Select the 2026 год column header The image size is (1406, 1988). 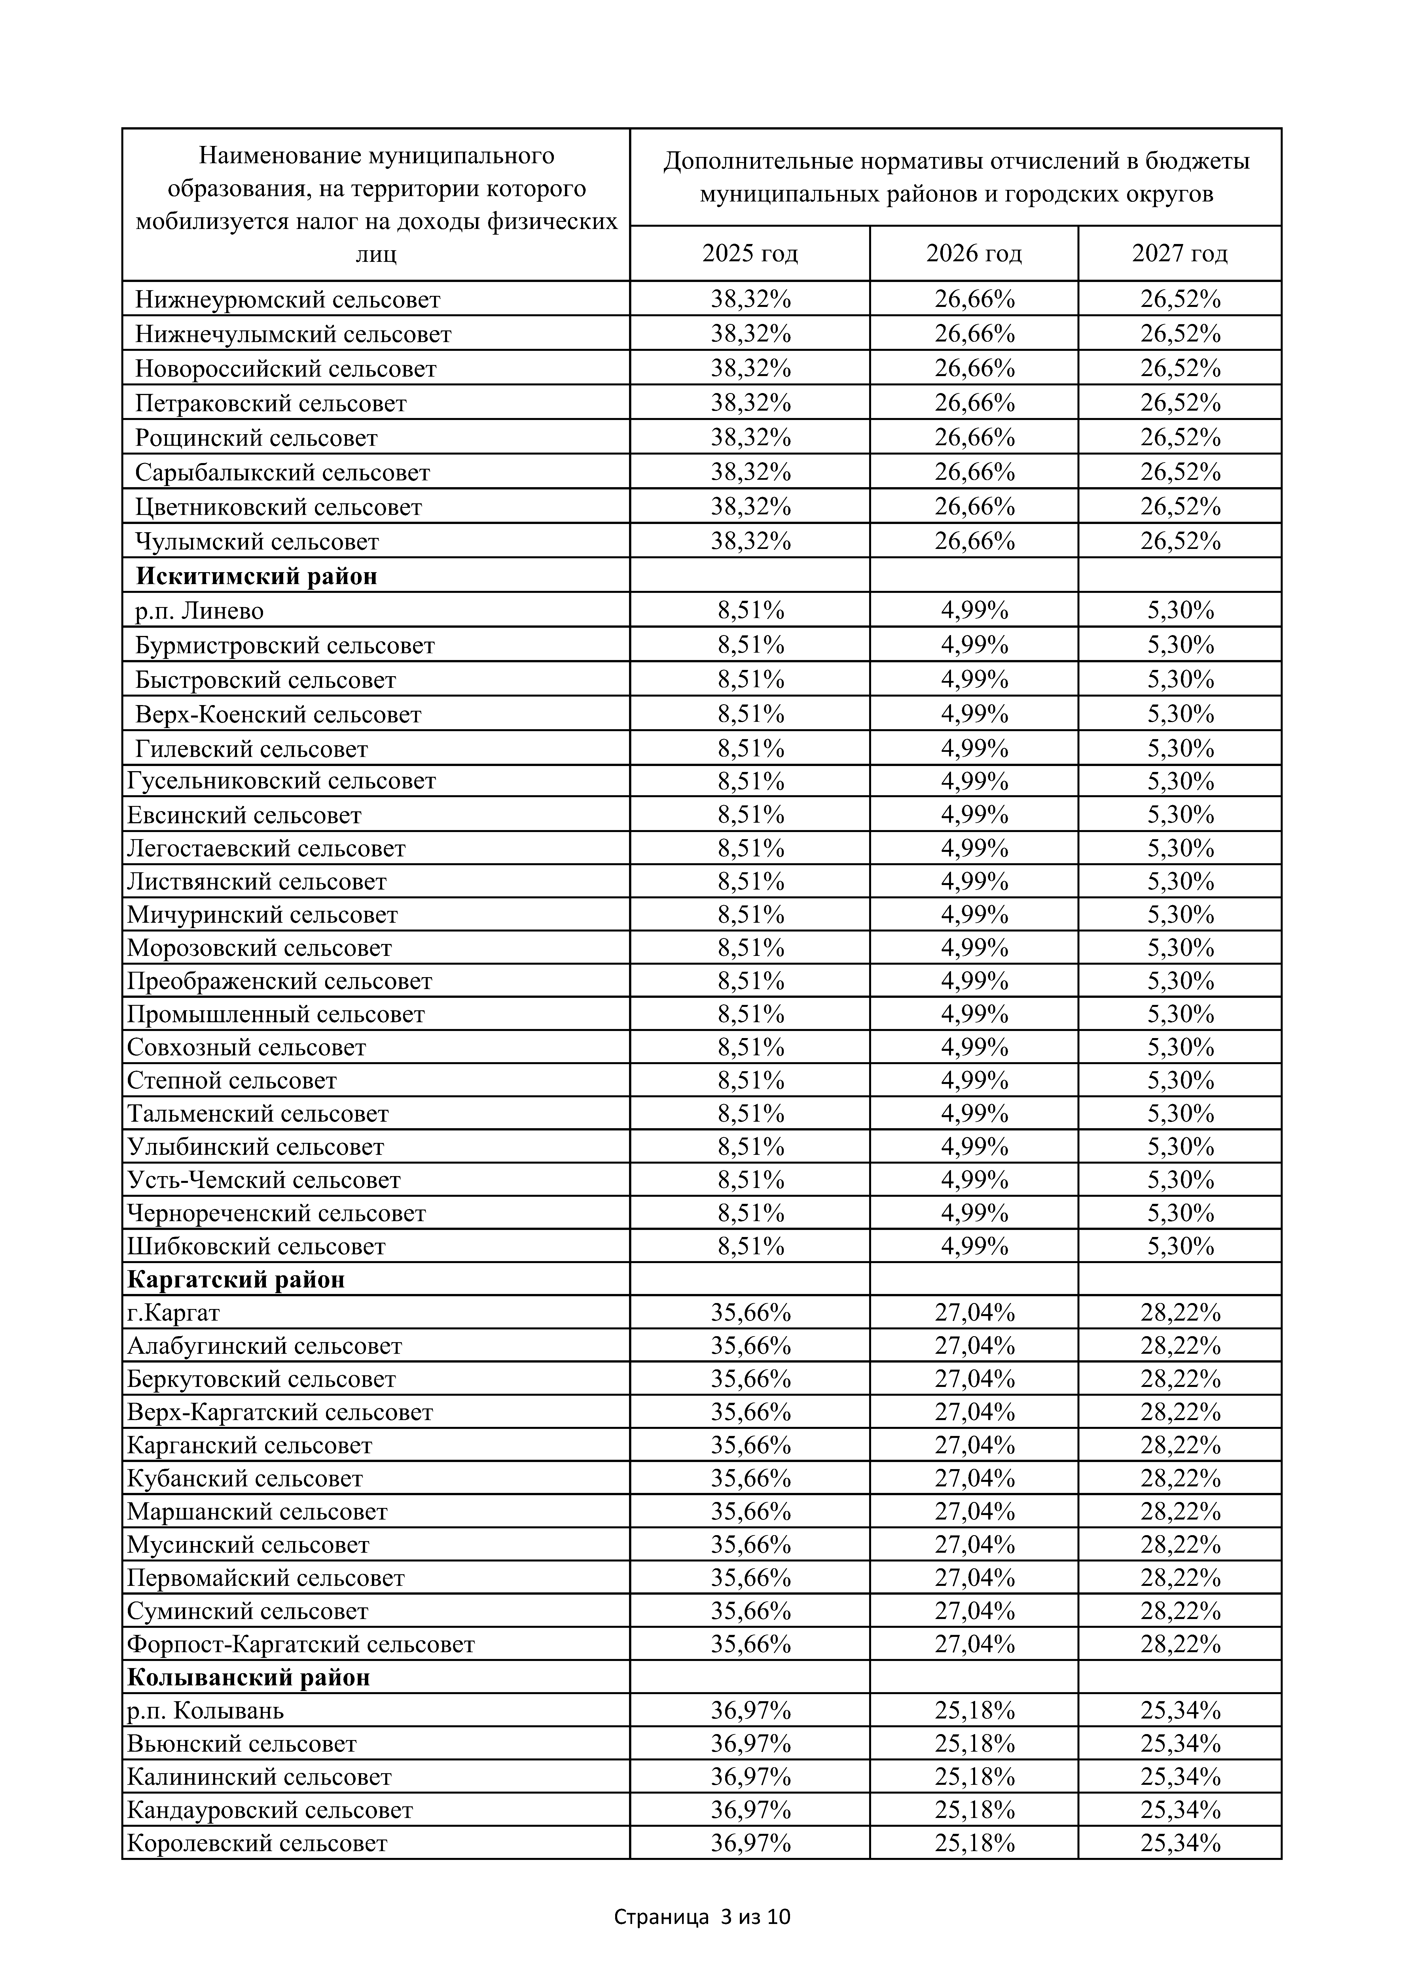(974, 254)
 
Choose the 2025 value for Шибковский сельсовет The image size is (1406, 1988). (750, 1246)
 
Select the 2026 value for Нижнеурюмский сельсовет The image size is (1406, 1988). (974, 299)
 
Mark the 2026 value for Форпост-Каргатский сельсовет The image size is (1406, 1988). (974, 1644)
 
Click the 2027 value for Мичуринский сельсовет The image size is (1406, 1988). (1180, 914)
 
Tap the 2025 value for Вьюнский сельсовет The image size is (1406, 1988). (750, 1744)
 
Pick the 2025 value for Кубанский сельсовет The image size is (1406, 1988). (750, 1478)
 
